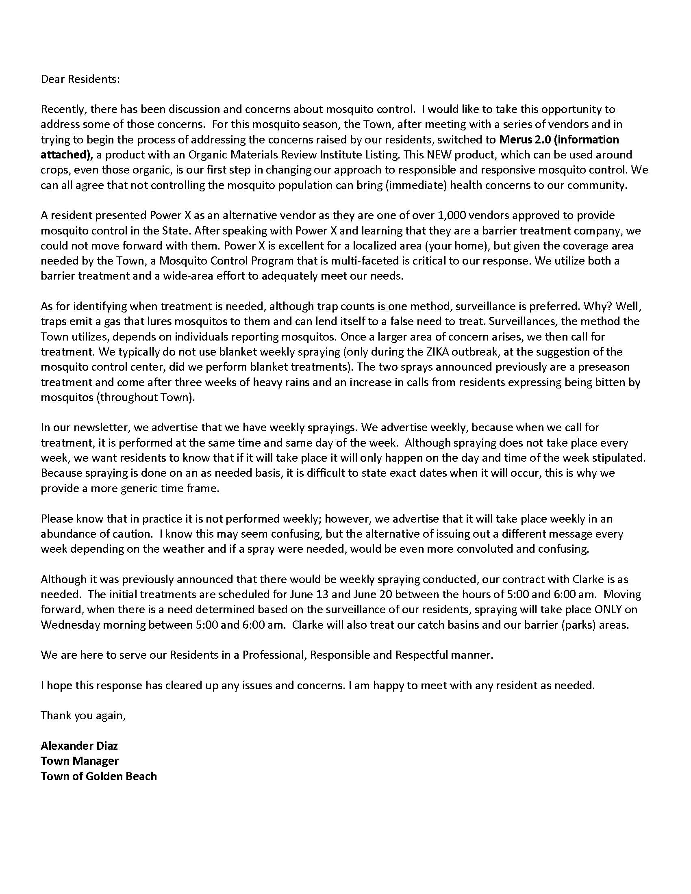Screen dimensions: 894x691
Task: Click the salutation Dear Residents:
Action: coord(80,79)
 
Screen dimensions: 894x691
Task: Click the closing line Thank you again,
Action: coord(83,716)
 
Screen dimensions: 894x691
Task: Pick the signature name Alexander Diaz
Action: coord(79,746)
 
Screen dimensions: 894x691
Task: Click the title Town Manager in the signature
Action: coord(80,761)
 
